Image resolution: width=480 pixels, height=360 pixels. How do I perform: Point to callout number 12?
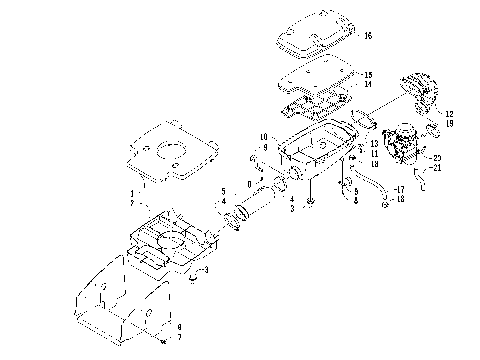pyautogui.click(x=449, y=113)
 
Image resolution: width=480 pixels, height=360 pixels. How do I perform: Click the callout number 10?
pyautogui.click(x=264, y=136)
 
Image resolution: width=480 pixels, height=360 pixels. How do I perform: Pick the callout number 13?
pyautogui.click(x=374, y=144)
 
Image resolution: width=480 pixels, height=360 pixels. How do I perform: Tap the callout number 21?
pyautogui.click(x=437, y=168)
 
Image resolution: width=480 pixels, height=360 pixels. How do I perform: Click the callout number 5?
pyautogui.click(x=222, y=190)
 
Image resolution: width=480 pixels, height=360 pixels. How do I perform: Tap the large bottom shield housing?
pyautogui.click(x=130, y=295)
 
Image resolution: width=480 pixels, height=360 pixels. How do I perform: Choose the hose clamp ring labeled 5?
pyautogui.click(x=237, y=215)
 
